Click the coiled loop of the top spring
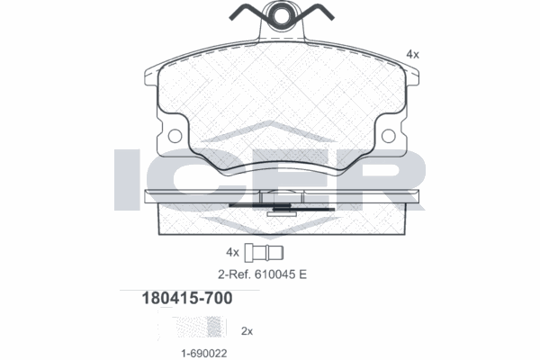click(x=280, y=15)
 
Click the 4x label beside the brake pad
click(x=412, y=54)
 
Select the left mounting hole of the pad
click(x=175, y=136)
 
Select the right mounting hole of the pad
click(x=388, y=136)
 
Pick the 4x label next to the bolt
click(x=232, y=252)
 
